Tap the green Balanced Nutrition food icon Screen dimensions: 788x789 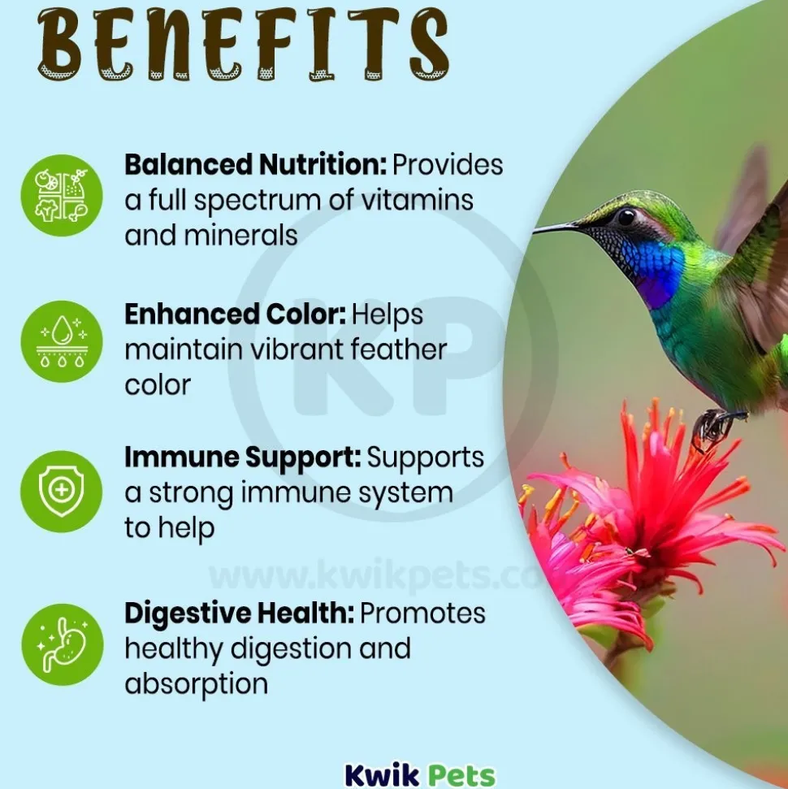coord(62,195)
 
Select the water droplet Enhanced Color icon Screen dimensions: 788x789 coord(62,341)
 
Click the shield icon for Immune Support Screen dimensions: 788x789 coord(62,491)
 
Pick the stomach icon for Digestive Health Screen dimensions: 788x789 coord(62,644)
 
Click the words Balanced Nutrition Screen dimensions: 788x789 coord(256,164)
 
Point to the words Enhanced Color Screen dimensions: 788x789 coord(235,314)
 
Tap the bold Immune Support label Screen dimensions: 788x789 coord(243,457)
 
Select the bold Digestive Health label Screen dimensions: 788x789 coord(240,613)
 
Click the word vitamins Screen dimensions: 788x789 coord(418,200)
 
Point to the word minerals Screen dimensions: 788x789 coord(240,235)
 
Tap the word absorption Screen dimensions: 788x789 coord(197,684)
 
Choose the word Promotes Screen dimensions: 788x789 coord(422,613)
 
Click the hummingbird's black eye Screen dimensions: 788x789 coord(626,218)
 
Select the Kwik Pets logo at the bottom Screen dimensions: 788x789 coord(420,775)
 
